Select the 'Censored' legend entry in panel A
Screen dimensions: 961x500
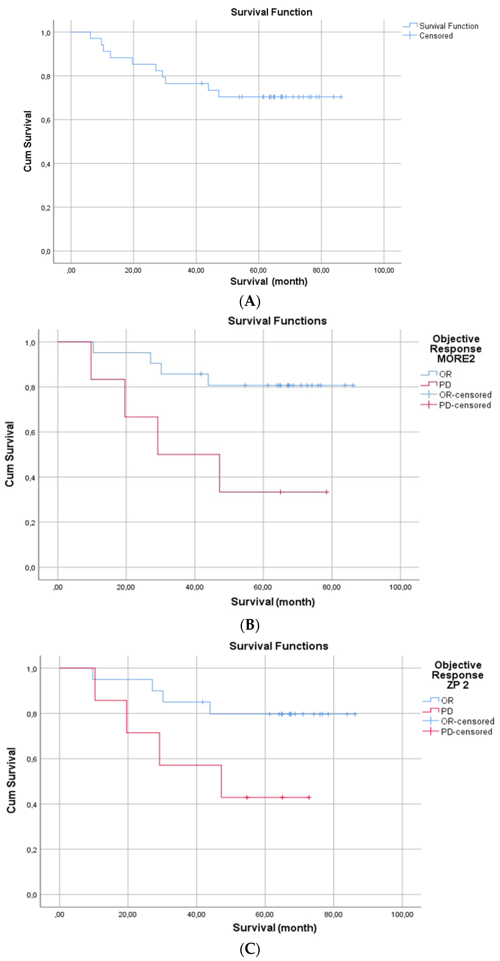pyautogui.click(x=435, y=36)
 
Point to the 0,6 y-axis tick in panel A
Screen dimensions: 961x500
pyautogui.click(x=45, y=120)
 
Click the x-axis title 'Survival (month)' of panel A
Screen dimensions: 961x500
pyautogui.click(x=269, y=281)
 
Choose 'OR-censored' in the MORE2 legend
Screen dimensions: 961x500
pyautogui.click(x=465, y=395)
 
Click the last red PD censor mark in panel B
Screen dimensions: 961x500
pyautogui.click(x=327, y=492)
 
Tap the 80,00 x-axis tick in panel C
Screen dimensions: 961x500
pyautogui.click(x=333, y=914)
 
